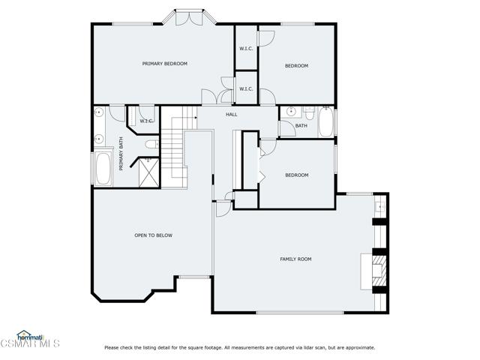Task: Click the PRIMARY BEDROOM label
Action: coord(165,64)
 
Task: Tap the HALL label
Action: coord(232,115)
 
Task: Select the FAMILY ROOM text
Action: coord(295,259)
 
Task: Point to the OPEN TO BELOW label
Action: coord(153,235)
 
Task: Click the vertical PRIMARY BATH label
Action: coord(121,154)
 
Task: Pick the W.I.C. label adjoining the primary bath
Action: coord(146,121)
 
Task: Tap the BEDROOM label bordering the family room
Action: coord(297,175)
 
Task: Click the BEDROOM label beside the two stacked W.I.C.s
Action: coord(297,66)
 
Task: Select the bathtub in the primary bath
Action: coord(103,168)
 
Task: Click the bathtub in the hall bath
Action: coord(325,121)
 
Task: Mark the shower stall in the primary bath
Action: coord(149,172)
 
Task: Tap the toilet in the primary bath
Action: coord(152,144)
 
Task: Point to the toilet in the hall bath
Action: coord(310,113)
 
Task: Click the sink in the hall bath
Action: coord(291,112)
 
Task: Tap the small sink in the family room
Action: coord(380,207)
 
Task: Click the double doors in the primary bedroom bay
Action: coord(190,18)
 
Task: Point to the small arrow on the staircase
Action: coord(195,117)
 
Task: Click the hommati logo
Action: coord(30,337)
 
